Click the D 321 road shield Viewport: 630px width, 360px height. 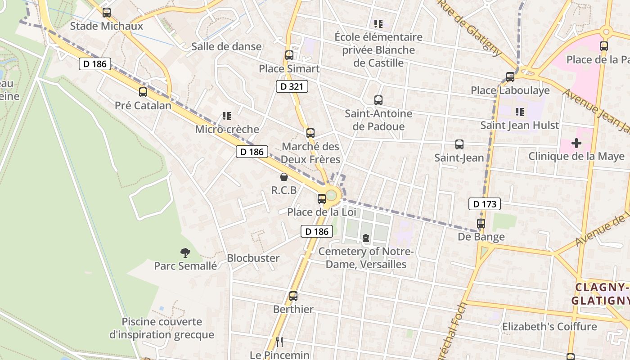pyautogui.click(x=292, y=86)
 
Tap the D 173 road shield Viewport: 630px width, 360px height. pyautogui.click(x=485, y=204)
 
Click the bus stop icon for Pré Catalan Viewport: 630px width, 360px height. pyautogui.click(x=143, y=92)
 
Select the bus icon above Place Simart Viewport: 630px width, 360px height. pyautogui.click(x=289, y=55)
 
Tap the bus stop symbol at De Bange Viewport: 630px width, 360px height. pyautogui.click(x=481, y=223)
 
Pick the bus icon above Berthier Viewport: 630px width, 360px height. pyautogui.click(x=293, y=296)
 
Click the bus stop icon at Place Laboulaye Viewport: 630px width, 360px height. pyautogui.click(x=510, y=77)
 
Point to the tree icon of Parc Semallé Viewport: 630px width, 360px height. pyautogui.click(x=185, y=253)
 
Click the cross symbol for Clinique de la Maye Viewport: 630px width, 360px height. pyautogui.click(x=576, y=143)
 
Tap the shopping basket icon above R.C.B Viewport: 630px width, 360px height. pyautogui.click(x=283, y=177)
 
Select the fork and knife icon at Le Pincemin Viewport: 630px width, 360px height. pyautogui.click(x=279, y=342)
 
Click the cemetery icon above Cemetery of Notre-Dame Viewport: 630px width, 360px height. pyautogui.click(x=366, y=238)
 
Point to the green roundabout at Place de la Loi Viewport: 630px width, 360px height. pyautogui.click(x=331, y=195)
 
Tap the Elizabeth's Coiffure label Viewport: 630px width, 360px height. pyautogui.click(x=549, y=326)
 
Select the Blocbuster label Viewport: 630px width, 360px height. pyautogui.click(x=253, y=258)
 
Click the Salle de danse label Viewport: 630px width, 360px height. pyautogui.click(x=226, y=46)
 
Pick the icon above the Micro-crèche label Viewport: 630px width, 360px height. pyautogui.click(x=227, y=116)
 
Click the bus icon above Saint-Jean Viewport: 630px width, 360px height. pyautogui.click(x=459, y=144)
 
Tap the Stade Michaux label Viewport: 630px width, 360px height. pyautogui.click(x=107, y=26)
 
